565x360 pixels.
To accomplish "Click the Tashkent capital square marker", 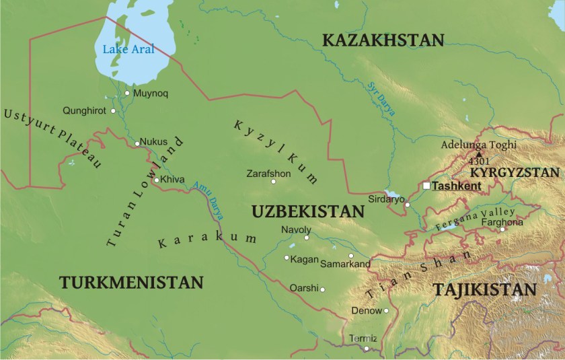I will tap(426, 186).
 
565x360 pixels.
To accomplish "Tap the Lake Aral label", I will tap(128, 48).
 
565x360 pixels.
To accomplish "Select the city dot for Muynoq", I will tap(127, 93).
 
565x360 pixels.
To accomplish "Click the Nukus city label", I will tap(154, 142).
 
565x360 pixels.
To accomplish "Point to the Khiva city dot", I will tap(156, 180).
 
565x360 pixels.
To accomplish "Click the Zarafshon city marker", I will tap(273, 181).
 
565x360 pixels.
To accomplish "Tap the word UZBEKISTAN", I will tap(307, 211).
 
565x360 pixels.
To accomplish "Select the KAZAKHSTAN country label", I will tap(383, 40).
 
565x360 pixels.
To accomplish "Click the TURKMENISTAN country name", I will tap(131, 282).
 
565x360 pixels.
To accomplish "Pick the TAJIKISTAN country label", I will tap(484, 290).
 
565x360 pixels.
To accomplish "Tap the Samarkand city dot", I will tap(351, 256).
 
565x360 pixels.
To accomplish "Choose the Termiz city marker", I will tap(366, 349).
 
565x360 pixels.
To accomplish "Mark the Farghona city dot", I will tap(502, 229).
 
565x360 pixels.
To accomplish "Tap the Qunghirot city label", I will tap(84, 110).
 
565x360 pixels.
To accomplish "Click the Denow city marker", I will tap(386, 311).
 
